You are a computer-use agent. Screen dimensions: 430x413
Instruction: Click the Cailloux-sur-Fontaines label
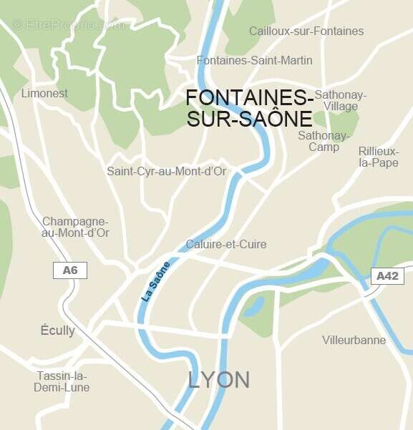306,31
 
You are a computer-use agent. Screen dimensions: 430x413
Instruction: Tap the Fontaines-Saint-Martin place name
254,60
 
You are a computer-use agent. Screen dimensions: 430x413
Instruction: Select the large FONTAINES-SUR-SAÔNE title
249,108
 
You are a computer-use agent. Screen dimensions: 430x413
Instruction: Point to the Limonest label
44,93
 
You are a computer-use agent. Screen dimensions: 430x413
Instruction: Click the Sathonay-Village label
340,100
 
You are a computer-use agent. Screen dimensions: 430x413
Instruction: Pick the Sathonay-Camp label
324,141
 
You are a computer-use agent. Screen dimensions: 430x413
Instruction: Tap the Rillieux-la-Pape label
378,157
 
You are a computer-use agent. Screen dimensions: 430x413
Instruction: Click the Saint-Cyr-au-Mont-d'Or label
166,171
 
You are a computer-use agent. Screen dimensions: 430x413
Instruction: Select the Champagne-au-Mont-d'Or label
75,227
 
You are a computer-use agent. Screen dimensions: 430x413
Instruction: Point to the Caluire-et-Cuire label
225,244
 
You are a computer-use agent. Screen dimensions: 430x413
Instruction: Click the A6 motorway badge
70,270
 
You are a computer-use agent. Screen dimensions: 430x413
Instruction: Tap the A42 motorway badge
387,275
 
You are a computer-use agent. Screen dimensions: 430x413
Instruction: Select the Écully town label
57,331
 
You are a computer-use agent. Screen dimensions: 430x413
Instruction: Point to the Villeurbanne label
354,340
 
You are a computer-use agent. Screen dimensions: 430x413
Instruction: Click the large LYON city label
219,379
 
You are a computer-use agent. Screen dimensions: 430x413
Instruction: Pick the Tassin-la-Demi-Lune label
62,381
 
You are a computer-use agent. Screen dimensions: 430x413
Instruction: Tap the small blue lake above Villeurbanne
253,306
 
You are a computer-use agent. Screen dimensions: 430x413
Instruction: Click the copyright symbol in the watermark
17,24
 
